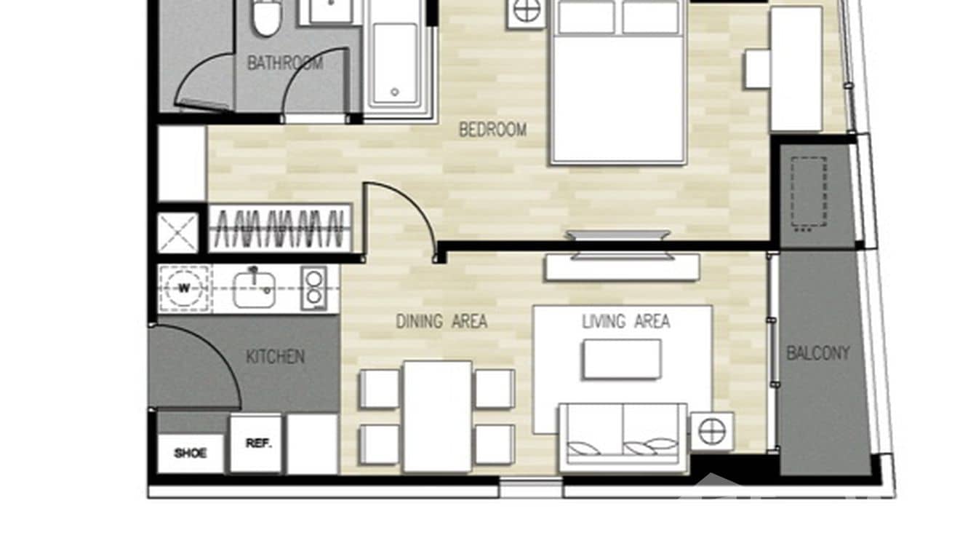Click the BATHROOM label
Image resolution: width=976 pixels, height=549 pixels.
pos(284,63)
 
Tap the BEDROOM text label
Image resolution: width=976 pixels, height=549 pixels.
pos(492,130)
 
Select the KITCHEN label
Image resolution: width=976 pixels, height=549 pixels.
pos(275,357)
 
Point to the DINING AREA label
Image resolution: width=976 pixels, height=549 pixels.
pos(441,321)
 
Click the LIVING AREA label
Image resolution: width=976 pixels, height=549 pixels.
pos(625,321)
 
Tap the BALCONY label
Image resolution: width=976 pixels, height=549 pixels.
pos(817,353)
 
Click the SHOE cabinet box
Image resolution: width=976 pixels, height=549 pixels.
pos(190,453)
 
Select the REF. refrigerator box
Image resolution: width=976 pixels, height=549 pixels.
pos(256,443)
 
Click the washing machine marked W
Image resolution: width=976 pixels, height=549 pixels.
pos(184,288)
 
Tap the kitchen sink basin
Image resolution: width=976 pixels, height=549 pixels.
pos(254,288)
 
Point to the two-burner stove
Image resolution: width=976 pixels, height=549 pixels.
pos(313,288)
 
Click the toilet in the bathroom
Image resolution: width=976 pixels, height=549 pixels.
pos(266,17)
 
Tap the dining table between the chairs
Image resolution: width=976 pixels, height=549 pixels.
pos(437,416)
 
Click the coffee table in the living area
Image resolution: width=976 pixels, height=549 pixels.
pos(621,359)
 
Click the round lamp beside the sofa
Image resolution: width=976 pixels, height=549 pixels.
pos(711,431)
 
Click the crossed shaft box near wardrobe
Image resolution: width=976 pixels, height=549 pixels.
pos(177,233)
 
